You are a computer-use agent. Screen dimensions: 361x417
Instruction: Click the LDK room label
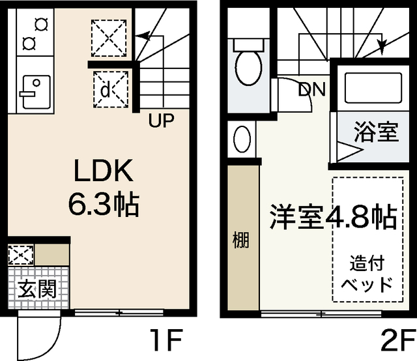coord(104,172)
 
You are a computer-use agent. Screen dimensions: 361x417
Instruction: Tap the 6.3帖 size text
coord(104,205)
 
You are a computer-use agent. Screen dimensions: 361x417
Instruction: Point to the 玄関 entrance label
coord(31,287)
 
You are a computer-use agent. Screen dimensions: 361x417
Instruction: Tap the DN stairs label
coord(312,89)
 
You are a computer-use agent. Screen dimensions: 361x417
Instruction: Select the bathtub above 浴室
coord(367,87)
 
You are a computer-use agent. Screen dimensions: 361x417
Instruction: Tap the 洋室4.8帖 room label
coord(333,217)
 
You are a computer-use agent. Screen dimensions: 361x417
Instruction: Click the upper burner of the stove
coord(42,25)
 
